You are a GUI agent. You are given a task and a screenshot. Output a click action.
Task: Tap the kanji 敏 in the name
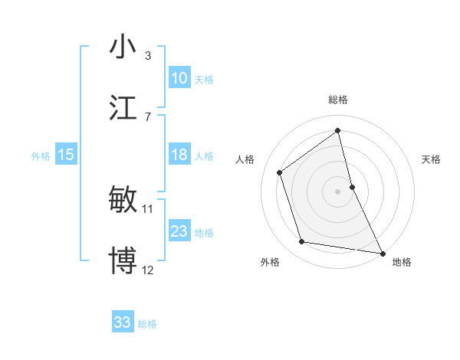pos(123,199)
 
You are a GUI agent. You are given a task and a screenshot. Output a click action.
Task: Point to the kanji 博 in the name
pos(123,260)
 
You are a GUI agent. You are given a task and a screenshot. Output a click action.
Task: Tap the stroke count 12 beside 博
pos(148,270)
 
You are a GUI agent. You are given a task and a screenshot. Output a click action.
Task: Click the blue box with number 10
pos(179,78)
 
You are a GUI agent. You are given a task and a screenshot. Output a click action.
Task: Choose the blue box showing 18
pos(179,155)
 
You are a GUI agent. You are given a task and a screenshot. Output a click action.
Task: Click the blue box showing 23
pos(179,231)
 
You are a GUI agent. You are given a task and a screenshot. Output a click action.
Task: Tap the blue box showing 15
pos(66,155)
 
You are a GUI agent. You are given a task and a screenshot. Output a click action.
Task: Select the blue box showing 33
pos(123,322)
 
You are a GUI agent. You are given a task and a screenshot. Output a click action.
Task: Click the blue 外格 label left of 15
pos(41,156)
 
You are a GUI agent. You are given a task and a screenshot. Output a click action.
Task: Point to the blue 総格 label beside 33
pos(147,324)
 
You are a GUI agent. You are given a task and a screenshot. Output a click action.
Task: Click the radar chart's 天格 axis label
pos(431,159)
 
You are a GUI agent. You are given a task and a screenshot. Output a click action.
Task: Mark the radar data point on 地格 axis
pos(382,252)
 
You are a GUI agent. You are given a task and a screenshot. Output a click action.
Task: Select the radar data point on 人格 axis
pos(280,172)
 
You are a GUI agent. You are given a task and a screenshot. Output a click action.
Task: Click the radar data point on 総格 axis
pos(337,130)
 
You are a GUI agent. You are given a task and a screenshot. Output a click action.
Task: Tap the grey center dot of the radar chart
pos(337,191)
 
